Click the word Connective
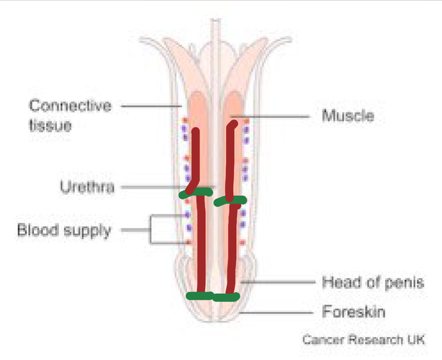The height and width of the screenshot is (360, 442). tap(71, 106)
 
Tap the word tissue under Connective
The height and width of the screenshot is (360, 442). tap(50, 125)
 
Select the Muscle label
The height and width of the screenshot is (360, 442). tap(348, 116)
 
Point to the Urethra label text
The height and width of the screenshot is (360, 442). tap(87, 186)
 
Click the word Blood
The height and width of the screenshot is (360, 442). tap(38, 230)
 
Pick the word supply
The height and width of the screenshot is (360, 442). tap(87, 231)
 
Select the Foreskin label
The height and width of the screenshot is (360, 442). tap(353, 312)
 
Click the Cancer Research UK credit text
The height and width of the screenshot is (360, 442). tap(364, 339)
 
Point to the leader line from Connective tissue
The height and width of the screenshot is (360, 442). tap(151, 107)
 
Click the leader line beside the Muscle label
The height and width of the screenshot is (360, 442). tap(270, 117)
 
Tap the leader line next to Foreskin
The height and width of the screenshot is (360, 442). tap(276, 312)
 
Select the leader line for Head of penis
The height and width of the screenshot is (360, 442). tap(278, 282)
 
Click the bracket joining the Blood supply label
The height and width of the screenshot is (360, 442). tap(150, 230)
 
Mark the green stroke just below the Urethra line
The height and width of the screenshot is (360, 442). tap(196, 193)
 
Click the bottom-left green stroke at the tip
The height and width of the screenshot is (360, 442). tap(200, 296)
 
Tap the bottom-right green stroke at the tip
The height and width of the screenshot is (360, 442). tap(226, 297)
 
